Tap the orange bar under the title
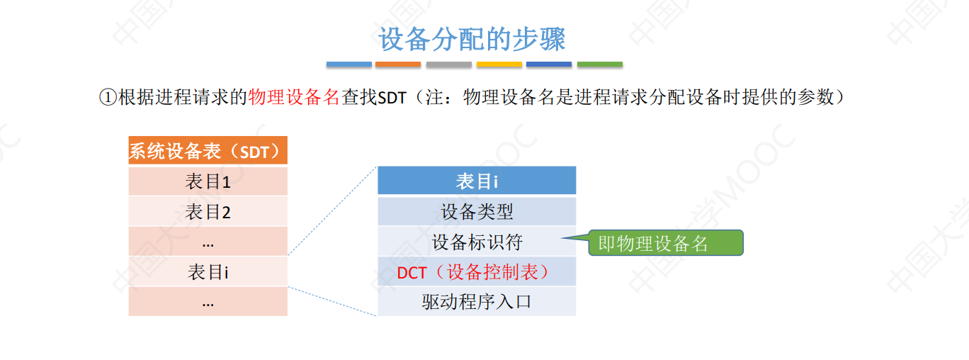click(398, 64)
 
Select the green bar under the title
click(599, 64)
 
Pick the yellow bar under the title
click(499, 64)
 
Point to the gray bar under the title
click(448, 64)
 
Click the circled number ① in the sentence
click(106, 98)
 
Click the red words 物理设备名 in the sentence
click(295, 98)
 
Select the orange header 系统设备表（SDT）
click(208, 151)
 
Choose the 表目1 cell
click(208, 181)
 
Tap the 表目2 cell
click(208, 211)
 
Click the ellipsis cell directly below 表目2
click(208, 242)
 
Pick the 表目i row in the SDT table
click(208, 272)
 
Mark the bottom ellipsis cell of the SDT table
click(208, 302)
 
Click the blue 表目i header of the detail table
click(477, 181)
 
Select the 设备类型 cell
click(477, 211)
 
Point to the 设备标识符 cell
click(477, 242)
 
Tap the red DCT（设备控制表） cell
click(477, 272)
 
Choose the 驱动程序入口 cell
click(477, 302)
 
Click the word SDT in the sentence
click(392, 98)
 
